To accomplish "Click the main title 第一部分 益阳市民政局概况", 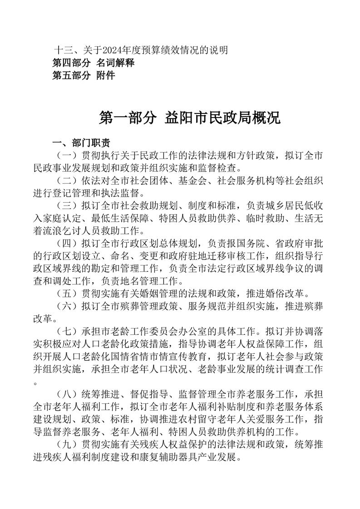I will [190, 118].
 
